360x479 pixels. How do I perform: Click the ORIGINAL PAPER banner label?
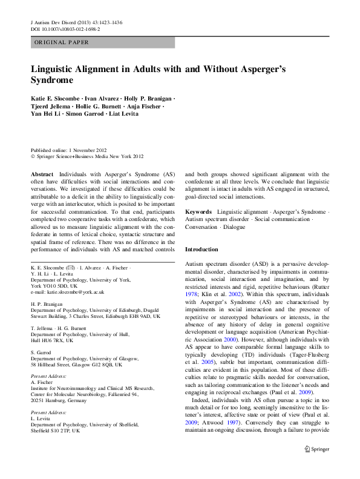point(62,42)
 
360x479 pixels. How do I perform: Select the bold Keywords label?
point(198,212)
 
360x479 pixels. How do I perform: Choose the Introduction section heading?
point(201,249)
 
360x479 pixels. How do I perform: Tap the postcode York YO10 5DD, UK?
point(53,286)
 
